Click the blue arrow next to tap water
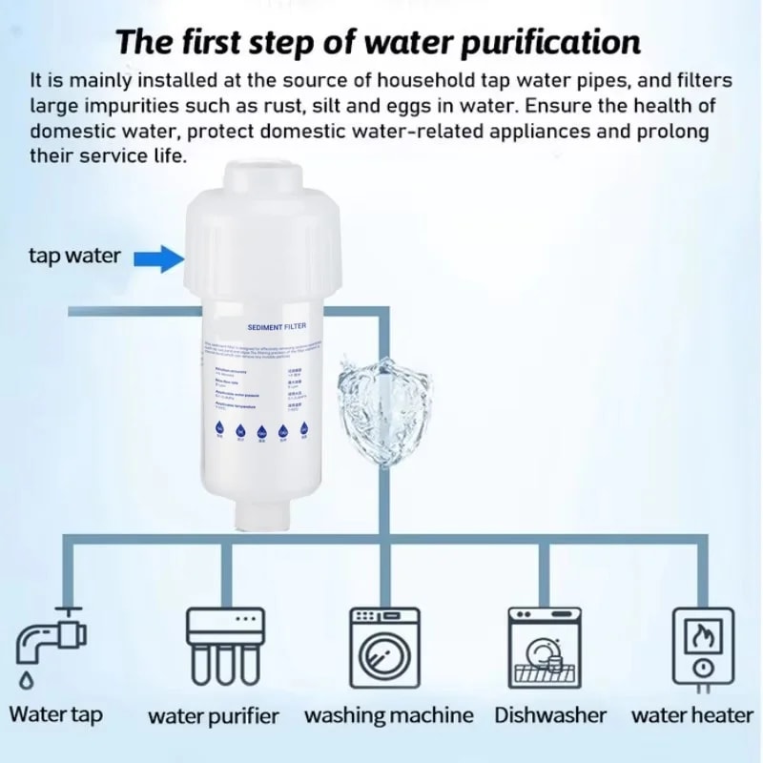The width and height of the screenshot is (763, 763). (157, 257)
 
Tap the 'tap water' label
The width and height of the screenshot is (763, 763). (74, 256)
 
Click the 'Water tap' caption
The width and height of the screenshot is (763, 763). (55, 714)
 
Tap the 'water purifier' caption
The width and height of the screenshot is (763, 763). (214, 716)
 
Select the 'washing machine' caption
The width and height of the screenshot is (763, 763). (388, 715)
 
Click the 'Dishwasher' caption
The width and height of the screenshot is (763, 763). (550, 714)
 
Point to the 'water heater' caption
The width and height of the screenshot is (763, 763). (691, 714)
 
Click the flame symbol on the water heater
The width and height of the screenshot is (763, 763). (704, 632)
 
